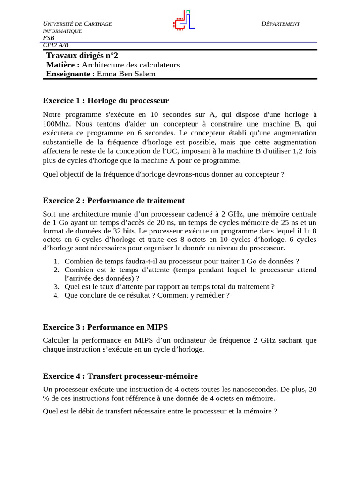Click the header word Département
click(x=280, y=24)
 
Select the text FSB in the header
click(x=48, y=38)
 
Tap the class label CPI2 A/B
click(x=56, y=45)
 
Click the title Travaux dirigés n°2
click(x=79, y=55)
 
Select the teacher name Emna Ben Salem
click(x=126, y=74)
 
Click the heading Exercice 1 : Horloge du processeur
click(x=105, y=101)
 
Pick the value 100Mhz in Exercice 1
click(x=57, y=123)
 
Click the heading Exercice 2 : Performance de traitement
click(x=113, y=201)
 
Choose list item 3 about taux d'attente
click(x=169, y=286)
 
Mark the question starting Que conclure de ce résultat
click(x=147, y=295)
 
